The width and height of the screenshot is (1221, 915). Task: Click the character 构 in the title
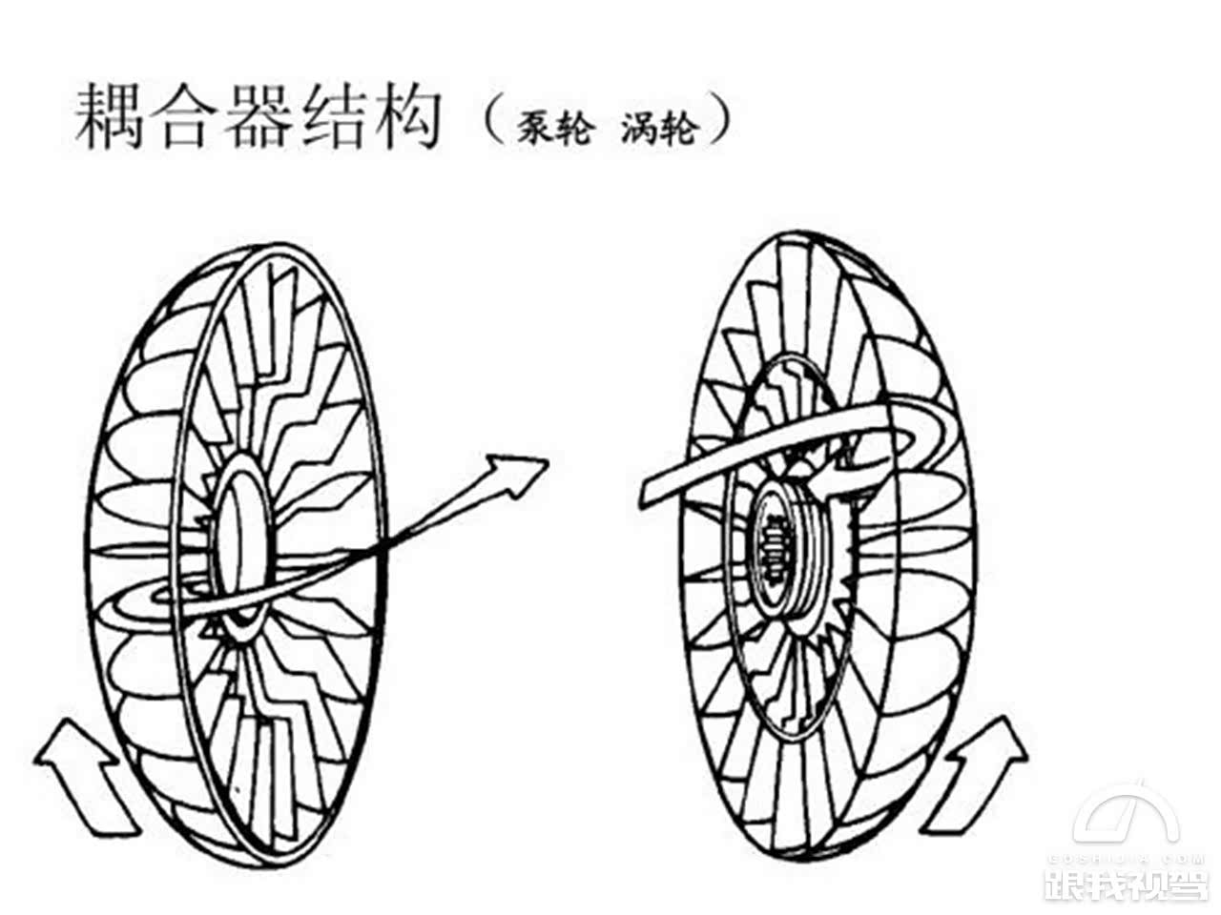pos(404,116)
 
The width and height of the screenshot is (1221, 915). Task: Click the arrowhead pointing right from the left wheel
pos(515,470)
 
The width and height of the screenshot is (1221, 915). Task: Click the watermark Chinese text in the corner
pos(1126,882)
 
